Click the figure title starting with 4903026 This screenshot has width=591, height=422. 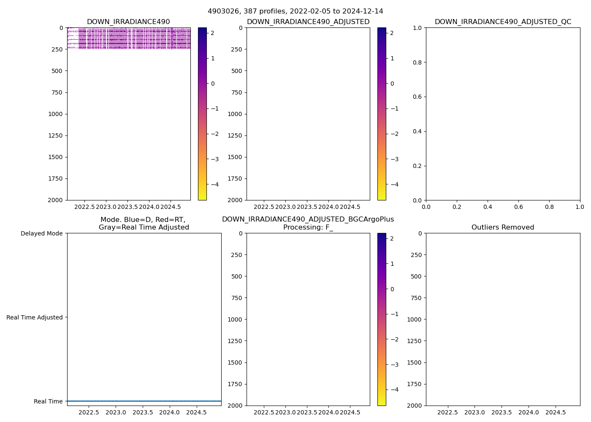tap(295, 11)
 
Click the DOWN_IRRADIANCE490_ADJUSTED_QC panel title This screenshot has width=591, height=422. tap(503, 22)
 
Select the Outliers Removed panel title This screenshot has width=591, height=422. tap(503, 227)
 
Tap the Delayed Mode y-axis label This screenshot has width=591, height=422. tap(41, 233)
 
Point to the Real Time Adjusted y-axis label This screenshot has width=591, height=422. tap(35, 317)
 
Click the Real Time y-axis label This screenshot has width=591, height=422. tap(48, 401)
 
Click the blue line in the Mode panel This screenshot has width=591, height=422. tap(144, 401)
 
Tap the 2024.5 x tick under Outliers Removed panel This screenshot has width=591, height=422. tap(556, 412)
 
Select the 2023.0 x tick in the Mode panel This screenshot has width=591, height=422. tap(116, 412)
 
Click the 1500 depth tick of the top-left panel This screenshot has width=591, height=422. tap(56, 157)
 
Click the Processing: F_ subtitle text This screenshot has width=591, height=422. tap(308, 227)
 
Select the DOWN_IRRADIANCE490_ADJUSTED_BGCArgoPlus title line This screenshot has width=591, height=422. tap(308, 219)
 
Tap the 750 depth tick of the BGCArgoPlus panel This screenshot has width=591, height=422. tap(236, 298)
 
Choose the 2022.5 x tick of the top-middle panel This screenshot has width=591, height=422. tap(264, 207)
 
